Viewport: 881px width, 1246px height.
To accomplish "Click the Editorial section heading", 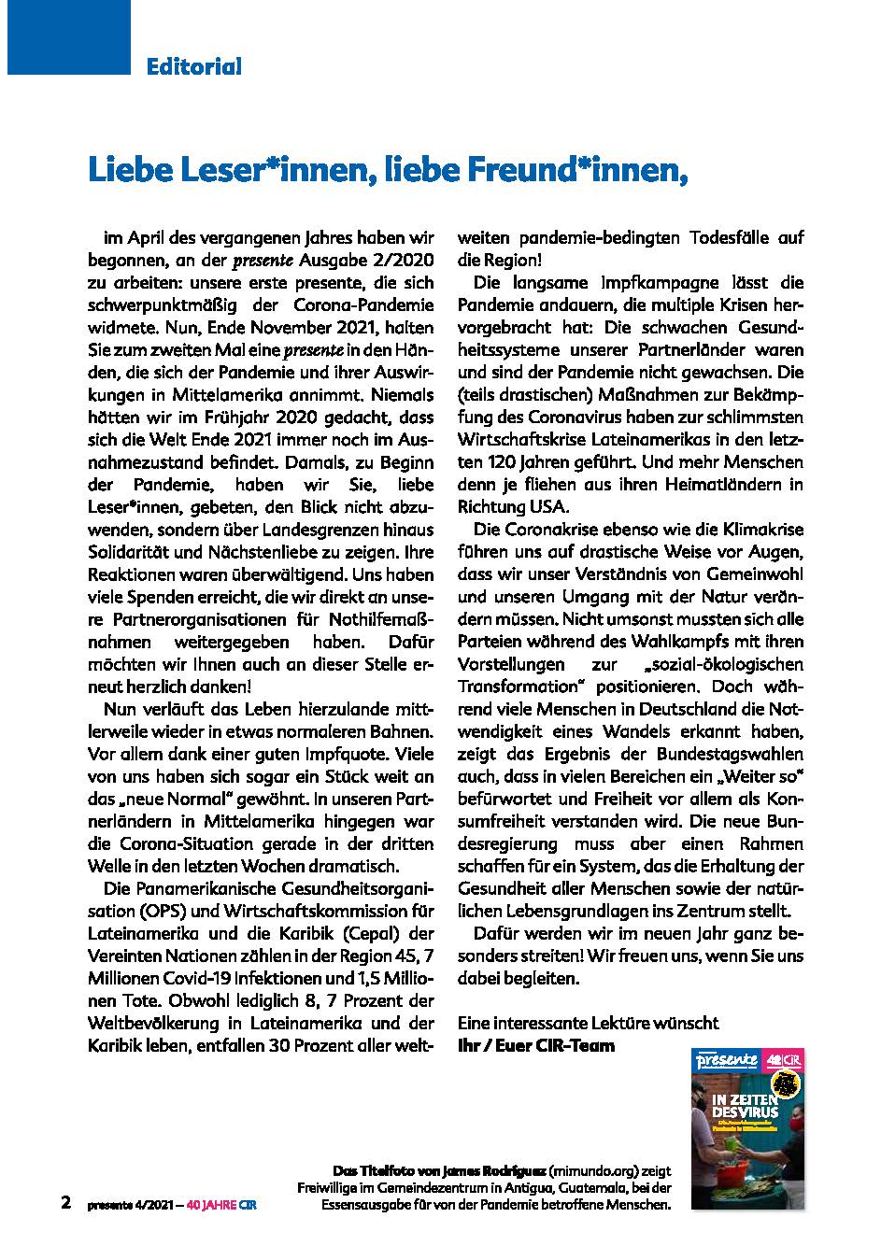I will (x=193, y=66).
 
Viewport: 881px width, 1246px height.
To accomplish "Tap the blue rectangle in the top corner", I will (x=65, y=35).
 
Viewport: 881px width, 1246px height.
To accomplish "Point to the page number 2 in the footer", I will (x=65, y=1203).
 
